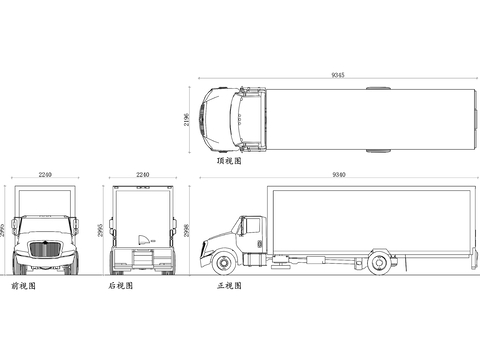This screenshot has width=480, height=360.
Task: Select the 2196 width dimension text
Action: point(187,120)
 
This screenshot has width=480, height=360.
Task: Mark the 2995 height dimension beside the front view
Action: point(5,230)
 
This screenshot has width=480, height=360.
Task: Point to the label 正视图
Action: point(229,286)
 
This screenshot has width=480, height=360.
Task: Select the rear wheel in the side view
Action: point(379,264)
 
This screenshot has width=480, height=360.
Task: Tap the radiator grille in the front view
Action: point(44,250)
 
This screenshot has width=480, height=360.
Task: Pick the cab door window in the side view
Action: point(252,227)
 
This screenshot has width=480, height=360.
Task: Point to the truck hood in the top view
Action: point(212,119)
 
